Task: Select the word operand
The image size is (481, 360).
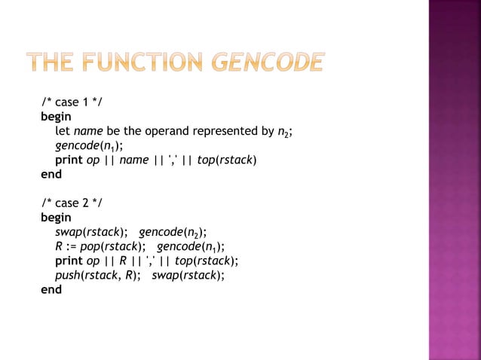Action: [158, 131]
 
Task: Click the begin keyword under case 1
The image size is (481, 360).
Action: [56, 117]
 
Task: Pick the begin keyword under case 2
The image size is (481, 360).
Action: [56, 217]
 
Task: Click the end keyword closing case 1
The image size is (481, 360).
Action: [51, 174]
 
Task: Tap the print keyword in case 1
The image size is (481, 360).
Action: [69, 160]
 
